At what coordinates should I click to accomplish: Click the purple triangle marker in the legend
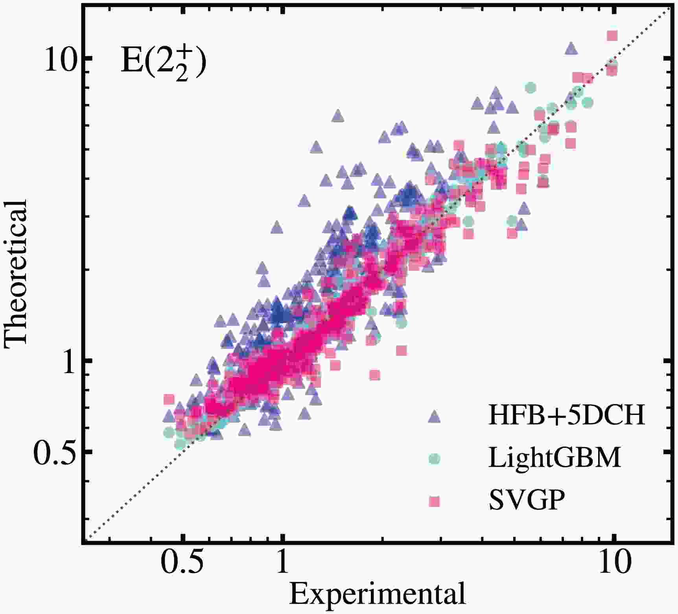click(x=435, y=416)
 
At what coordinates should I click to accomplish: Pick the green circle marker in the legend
click(x=435, y=458)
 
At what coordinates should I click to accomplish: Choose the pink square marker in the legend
click(x=435, y=501)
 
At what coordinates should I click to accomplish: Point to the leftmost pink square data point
click(x=169, y=399)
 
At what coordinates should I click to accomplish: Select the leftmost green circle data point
click(x=169, y=433)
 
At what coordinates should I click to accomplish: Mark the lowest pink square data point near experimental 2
click(x=375, y=375)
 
